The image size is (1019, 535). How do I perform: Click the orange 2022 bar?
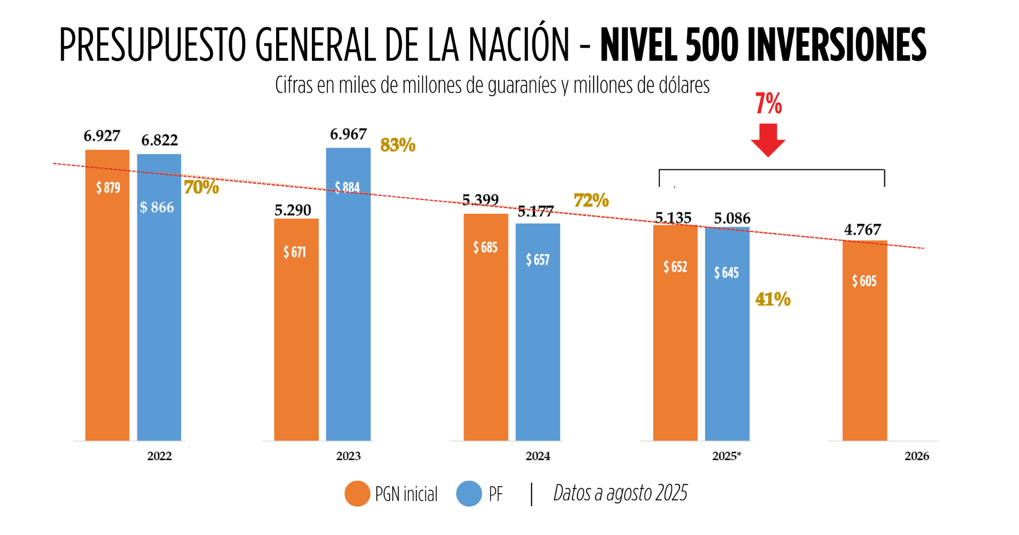click(107, 299)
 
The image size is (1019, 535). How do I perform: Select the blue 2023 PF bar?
click(348, 299)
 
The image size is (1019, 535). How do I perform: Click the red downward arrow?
click(768, 140)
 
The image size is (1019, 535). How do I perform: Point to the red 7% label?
click(768, 104)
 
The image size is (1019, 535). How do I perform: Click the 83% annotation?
click(398, 145)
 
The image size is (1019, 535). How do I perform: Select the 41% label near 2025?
click(773, 299)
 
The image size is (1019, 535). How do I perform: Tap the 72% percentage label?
click(591, 200)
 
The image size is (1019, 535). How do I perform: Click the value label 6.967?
click(348, 134)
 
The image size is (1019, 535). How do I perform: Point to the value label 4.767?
click(862, 230)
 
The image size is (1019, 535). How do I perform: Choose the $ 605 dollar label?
click(864, 281)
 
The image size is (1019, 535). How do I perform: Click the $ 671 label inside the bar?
click(295, 252)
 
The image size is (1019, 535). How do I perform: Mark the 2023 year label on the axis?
click(348, 456)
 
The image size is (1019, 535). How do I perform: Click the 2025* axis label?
click(726, 456)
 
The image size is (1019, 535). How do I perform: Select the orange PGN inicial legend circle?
click(357, 494)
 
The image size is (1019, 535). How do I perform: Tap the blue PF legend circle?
click(469, 494)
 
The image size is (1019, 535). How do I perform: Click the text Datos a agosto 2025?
click(620, 493)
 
